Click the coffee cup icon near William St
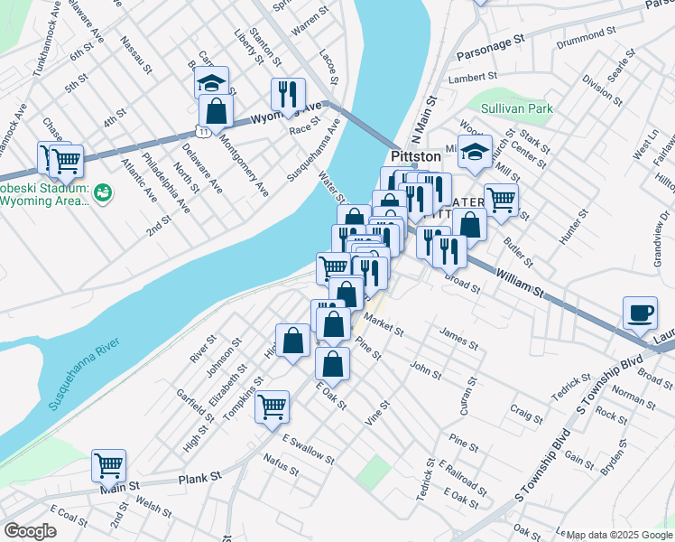pyautogui.click(x=640, y=313)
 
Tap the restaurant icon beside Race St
pyautogui.click(x=288, y=94)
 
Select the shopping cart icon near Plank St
pyautogui.click(x=108, y=466)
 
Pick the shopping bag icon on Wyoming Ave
pyautogui.click(x=216, y=112)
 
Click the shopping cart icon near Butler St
pyautogui.click(x=501, y=200)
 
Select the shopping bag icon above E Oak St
pyautogui.click(x=333, y=364)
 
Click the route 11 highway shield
pyautogui.click(x=206, y=132)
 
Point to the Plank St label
pyautogui.click(x=199, y=479)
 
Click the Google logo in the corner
pyautogui.click(x=30, y=531)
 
